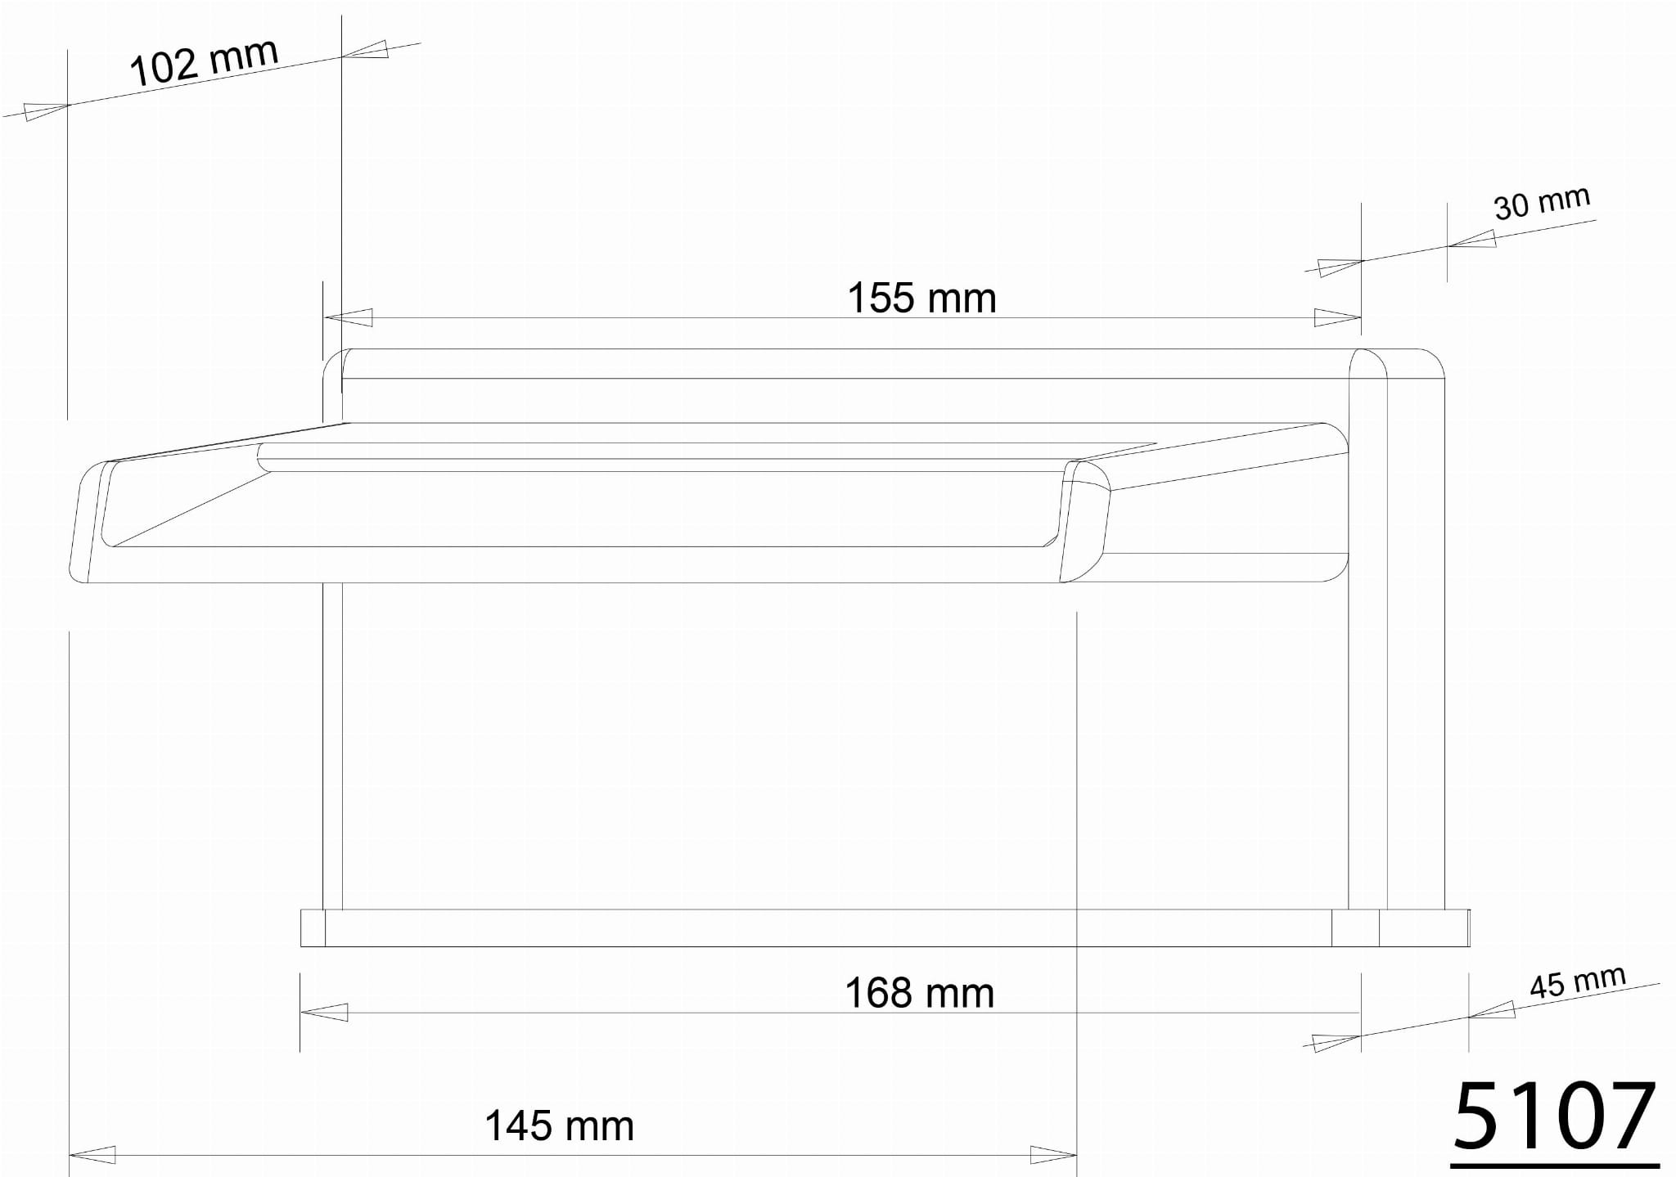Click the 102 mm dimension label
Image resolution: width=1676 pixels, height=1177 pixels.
click(204, 61)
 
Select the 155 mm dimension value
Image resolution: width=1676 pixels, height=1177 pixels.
click(921, 298)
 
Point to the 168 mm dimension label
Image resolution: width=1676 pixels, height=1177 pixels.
click(919, 993)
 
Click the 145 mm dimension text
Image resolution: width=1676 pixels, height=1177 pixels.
click(559, 1125)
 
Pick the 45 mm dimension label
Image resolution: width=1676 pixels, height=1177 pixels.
click(1577, 982)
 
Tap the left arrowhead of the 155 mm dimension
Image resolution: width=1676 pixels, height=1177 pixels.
click(349, 317)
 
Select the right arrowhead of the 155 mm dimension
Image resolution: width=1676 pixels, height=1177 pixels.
click(1337, 317)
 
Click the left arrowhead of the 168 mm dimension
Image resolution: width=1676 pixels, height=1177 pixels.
click(324, 1012)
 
